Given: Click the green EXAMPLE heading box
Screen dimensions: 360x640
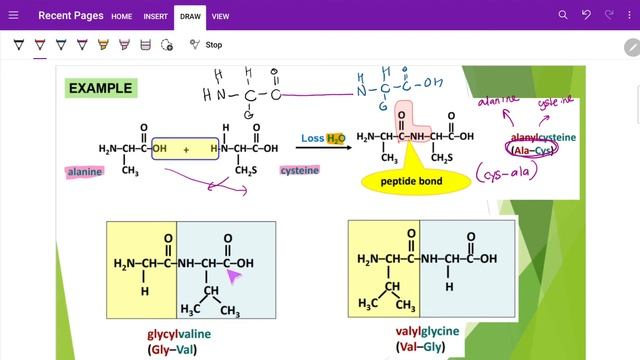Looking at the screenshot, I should click(x=100, y=89).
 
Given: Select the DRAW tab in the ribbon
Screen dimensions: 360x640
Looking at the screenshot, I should click(x=190, y=16).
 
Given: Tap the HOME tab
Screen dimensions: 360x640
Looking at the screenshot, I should click(x=122, y=16).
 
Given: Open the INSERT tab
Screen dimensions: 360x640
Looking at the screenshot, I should click(x=155, y=16).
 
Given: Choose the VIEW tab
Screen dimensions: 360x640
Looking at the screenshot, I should click(x=220, y=16).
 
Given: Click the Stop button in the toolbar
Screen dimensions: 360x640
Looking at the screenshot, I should click(x=213, y=45).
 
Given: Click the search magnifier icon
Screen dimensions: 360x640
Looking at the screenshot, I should click(x=563, y=16).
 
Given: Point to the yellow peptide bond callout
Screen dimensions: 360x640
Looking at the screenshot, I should click(x=407, y=181).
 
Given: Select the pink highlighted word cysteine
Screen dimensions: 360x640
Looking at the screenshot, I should click(x=299, y=171).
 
